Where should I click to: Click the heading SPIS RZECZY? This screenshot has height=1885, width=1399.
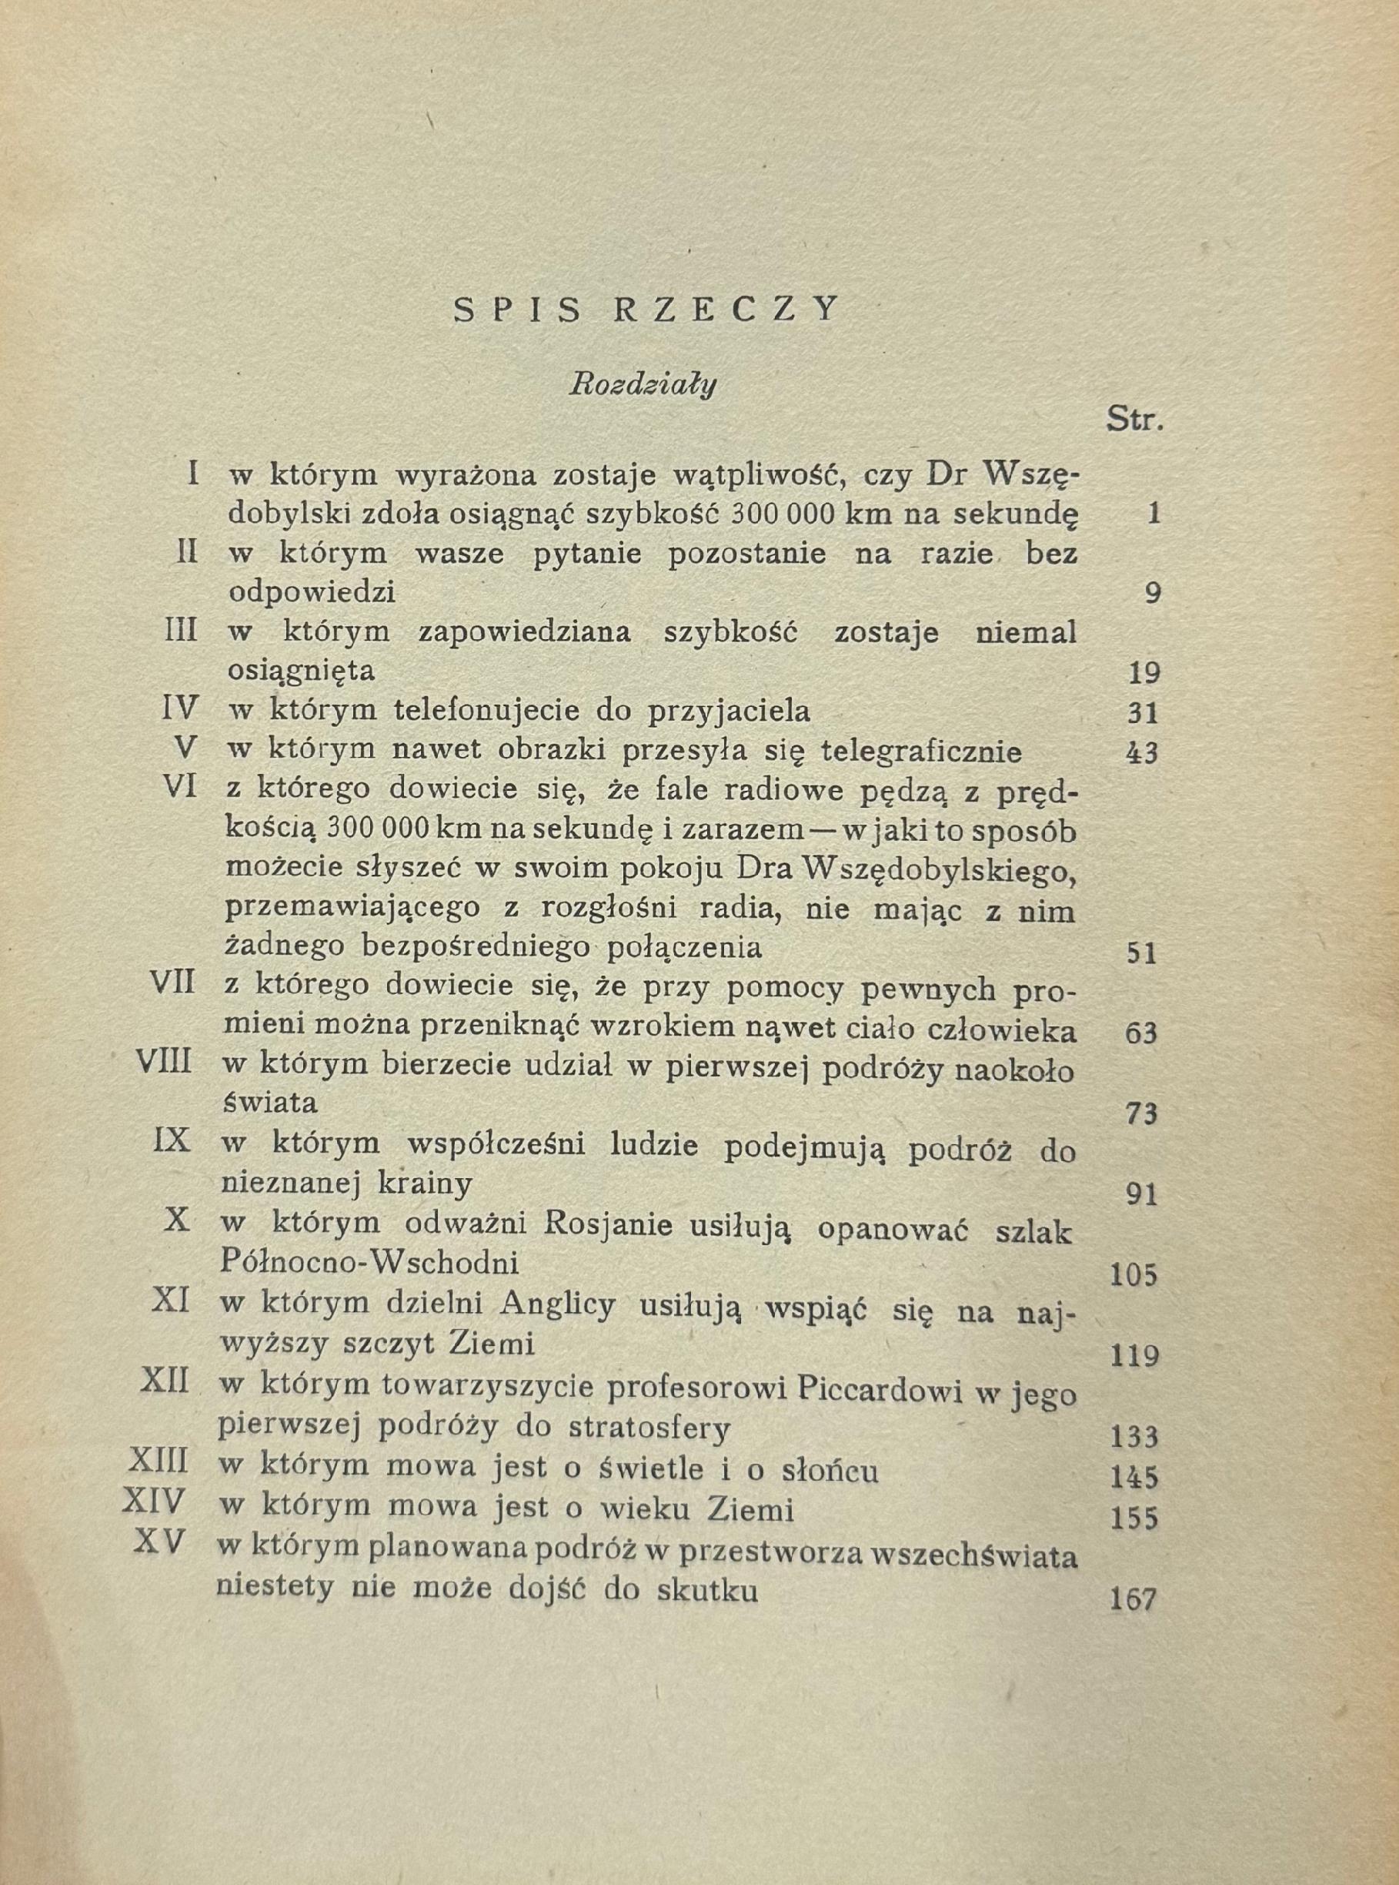(647, 311)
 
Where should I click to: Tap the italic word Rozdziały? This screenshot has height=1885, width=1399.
(643, 387)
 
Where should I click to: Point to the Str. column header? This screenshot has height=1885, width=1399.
(1135, 420)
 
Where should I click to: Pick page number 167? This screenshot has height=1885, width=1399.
(1132, 1599)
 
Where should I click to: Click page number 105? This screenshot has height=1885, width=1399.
(1132, 1275)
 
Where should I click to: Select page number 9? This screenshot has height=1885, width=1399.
(1152, 593)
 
